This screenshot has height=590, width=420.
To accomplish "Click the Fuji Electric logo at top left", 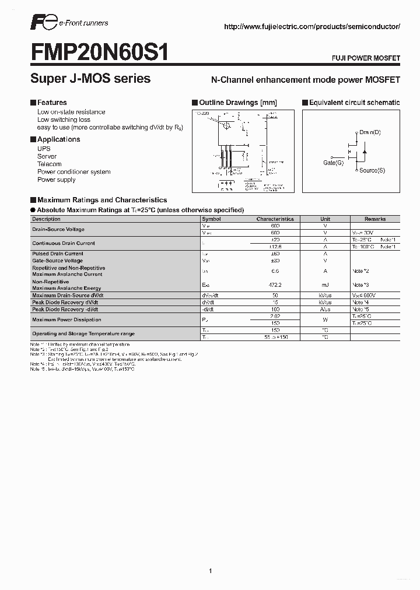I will pyautogui.click(x=43, y=23).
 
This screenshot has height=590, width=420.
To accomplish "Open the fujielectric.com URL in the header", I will pyautogui.click(x=312, y=27).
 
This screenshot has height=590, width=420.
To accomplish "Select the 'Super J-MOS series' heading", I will pyautogui.click(x=90, y=78).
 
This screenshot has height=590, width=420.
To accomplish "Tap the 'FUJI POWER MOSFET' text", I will pyautogui.click(x=366, y=59).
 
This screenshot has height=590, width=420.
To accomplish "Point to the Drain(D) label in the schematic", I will pyautogui.click(x=370, y=132).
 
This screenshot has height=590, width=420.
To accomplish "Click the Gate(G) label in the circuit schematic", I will pyautogui.click(x=333, y=163).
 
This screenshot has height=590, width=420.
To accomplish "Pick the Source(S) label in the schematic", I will pyautogui.click(x=372, y=170).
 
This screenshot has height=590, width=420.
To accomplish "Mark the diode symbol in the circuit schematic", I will pyautogui.click(x=364, y=152).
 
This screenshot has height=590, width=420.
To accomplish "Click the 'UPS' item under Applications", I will pyautogui.click(x=44, y=149).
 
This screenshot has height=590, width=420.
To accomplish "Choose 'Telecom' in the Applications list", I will pyautogui.click(x=49, y=164).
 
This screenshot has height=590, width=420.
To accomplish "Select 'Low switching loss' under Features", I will pyautogui.click(x=64, y=120).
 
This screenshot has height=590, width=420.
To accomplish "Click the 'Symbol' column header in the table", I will pyautogui.click(x=211, y=219).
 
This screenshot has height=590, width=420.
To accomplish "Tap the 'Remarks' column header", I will pyautogui.click(x=375, y=219).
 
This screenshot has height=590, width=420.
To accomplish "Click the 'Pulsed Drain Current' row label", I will pyautogui.click(x=58, y=254).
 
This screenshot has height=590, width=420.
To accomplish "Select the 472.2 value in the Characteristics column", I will pyautogui.click(x=275, y=285).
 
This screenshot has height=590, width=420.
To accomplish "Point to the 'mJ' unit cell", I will pyautogui.click(x=325, y=285).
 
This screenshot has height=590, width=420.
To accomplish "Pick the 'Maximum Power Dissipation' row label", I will pyautogui.click(x=66, y=319).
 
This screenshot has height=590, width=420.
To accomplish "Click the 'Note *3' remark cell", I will pyautogui.click(x=360, y=285).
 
